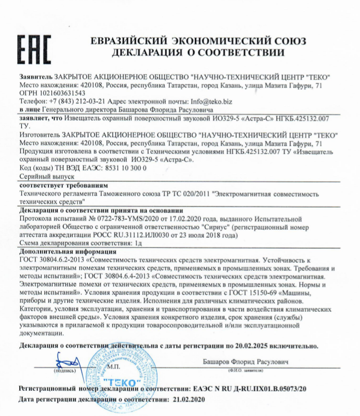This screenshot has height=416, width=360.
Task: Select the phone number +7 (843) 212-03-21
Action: pyautogui.click(x=74, y=101)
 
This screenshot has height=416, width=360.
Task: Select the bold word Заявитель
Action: pyautogui.click(x=35, y=78)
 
